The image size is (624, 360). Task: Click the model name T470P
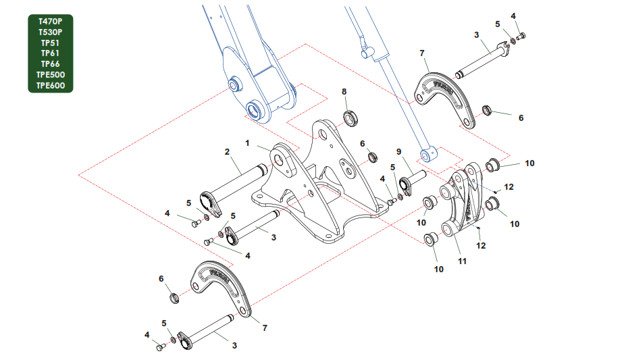tap(50, 21)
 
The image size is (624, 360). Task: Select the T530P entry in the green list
tap(50, 32)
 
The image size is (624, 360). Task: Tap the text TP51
tap(50, 43)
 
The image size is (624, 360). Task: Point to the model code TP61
tap(50, 53)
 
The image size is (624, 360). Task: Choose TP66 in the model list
tap(50, 63)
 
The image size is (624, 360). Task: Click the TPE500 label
tap(50, 74)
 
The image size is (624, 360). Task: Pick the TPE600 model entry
tap(50, 85)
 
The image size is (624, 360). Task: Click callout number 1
tap(247, 143)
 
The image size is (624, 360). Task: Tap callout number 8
tap(344, 92)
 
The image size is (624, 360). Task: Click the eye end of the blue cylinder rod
tap(427, 155)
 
